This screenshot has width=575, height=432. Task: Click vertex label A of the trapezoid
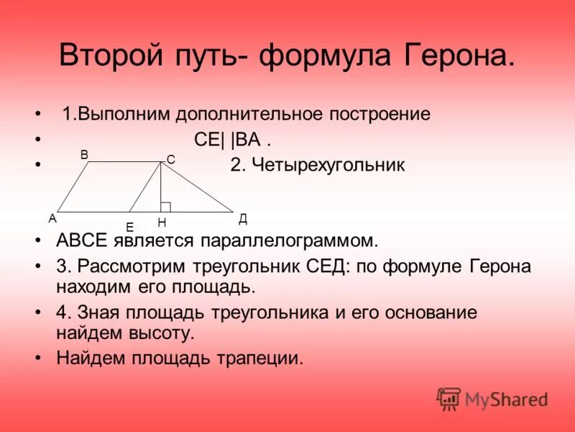(x=52, y=218)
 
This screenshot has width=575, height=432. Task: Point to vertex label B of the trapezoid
(x=84, y=155)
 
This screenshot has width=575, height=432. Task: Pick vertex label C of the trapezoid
(x=171, y=159)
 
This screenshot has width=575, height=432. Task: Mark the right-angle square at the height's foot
(x=165, y=207)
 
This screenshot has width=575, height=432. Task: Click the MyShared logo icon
(x=448, y=398)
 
